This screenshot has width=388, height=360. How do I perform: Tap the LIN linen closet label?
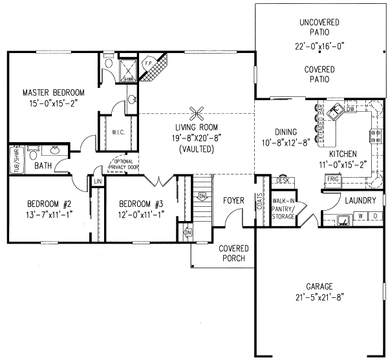(x=98, y=182)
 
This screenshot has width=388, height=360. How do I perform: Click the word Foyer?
(x=233, y=201)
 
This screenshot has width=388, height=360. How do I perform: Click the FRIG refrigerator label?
(x=332, y=179)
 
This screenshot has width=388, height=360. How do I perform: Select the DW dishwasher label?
(x=350, y=110)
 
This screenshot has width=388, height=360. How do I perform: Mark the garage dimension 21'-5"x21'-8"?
(x=320, y=298)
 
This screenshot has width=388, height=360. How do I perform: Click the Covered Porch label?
(x=232, y=253)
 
